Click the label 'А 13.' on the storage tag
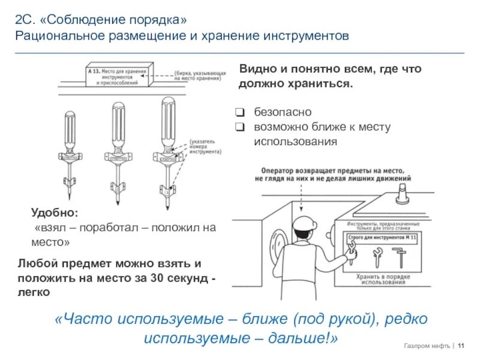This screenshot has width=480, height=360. pos(94,71)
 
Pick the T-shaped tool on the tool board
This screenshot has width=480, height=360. pos(399,258)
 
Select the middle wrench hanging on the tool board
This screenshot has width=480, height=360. pos(377,257)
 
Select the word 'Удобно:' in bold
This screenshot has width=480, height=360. pos(54,213)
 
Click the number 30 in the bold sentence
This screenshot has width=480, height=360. pos(158,278)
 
